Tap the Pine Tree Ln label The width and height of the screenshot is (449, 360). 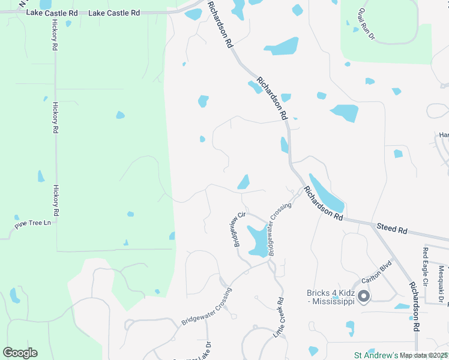coord(32,223)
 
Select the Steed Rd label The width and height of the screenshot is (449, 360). coord(392,228)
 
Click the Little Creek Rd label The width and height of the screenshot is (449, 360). coord(279,316)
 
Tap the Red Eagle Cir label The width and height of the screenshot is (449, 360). coord(426,267)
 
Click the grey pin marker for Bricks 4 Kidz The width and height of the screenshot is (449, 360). coord(364,296)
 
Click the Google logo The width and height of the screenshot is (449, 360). coord(20,353)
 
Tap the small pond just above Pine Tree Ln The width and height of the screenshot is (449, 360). coord(17,217)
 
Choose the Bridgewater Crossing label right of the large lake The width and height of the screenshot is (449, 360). coord(279,229)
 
